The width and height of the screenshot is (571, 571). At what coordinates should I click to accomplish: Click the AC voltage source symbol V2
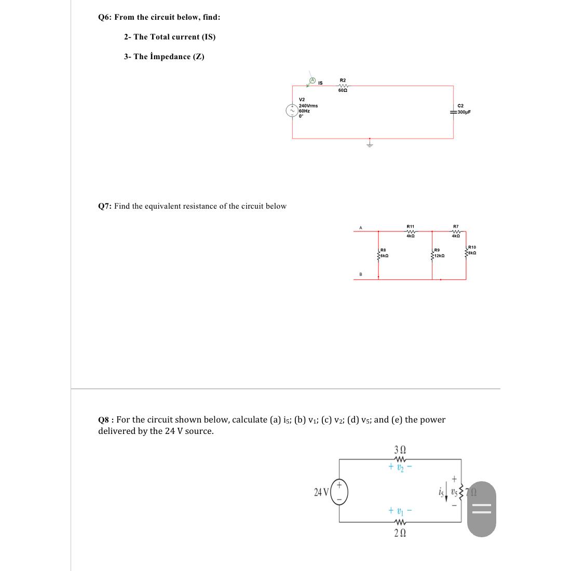click(x=292, y=110)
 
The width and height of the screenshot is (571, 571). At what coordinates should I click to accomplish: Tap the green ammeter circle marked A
click(x=313, y=80)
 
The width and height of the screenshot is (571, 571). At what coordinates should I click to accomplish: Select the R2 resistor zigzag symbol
click(x=343, y=86)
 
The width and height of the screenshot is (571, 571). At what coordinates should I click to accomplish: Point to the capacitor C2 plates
click(x=454, y=112)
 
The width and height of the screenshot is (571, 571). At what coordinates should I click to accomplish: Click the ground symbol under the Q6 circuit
click(x=370, y=144)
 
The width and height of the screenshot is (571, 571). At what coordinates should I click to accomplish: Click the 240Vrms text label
click(x=308, y=105)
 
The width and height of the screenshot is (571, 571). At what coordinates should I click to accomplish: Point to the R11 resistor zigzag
click(x=410, y=232)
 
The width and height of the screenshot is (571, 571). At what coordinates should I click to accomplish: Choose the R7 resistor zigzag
click(x=456, y=232)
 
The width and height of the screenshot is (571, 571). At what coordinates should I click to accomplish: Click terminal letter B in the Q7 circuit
click(x=361, y=274)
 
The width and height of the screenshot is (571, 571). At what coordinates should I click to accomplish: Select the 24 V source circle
click(x=339, y=492)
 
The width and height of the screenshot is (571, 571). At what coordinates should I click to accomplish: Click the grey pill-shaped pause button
click(x=482, y=509)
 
